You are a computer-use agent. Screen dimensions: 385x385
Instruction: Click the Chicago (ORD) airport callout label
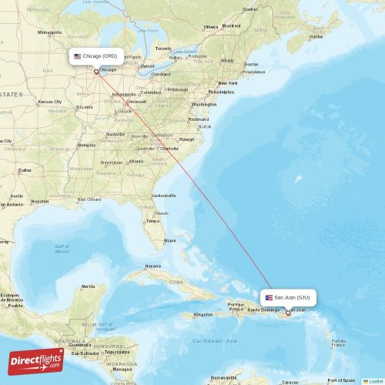tap(98, 56)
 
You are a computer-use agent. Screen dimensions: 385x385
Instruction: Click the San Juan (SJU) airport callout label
tap(291, 297)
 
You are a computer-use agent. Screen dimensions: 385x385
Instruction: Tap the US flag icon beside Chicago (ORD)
tap(77, 56)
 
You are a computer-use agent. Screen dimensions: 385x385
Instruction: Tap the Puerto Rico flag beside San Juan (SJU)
tap(269, 297)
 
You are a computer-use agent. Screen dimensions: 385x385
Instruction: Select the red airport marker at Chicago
tap(96, 72)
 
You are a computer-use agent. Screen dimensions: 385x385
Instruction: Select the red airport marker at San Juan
tap(288, 313)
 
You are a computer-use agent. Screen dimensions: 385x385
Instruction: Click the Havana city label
tap(153, 266)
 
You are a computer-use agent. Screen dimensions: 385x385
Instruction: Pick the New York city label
tap(227, 83)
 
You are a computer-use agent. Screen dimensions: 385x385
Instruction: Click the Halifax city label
tap(316, 36)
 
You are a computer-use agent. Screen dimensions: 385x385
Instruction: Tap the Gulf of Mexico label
tap(62, 249)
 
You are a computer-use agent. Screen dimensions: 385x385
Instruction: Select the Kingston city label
tap(203, 314)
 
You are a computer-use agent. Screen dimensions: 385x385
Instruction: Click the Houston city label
tap(40, 201)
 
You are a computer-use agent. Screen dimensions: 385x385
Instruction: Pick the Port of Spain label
tap(340, 380)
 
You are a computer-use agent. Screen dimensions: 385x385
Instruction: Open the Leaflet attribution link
tap(375, 380)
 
